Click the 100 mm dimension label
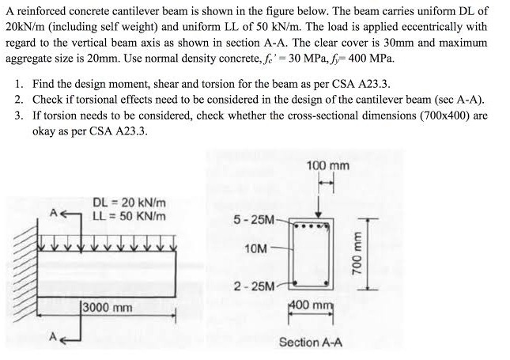coord(327,165)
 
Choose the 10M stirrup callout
coord(255,249)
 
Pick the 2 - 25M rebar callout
coord(251,285)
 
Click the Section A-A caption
coord(310,343)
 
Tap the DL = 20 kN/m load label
coord(129,203)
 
